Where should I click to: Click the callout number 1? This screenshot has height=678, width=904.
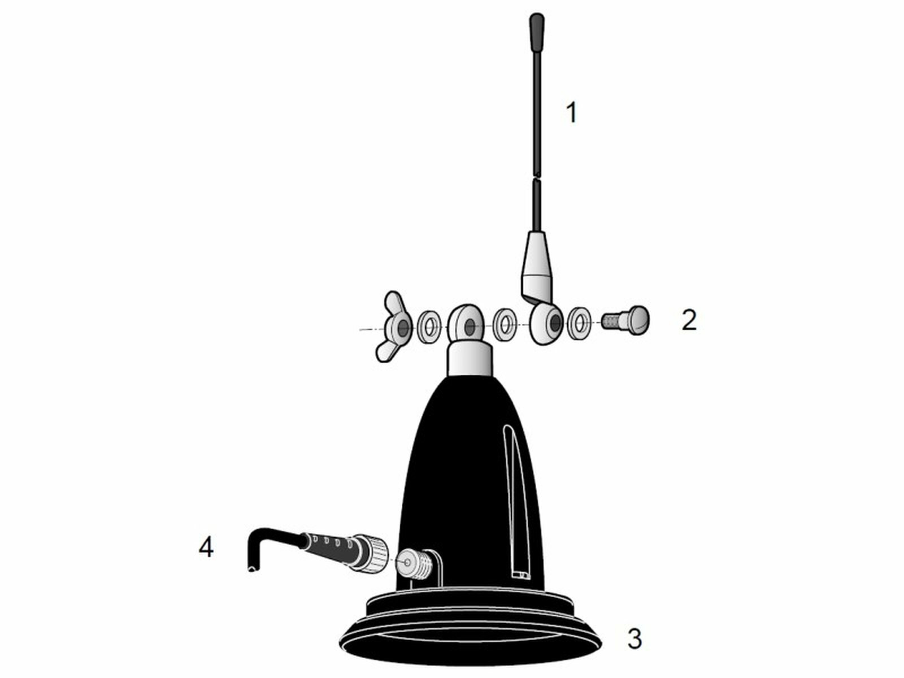tap(572, 112)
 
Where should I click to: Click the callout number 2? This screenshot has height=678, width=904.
tap(689, 321)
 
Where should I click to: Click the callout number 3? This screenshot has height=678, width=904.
tap(634, 639)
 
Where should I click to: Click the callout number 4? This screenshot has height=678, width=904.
tap(206, 547)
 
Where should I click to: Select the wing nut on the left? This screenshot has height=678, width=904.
tap(395, 326)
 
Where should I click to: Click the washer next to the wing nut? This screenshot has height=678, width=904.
tap(429, 326)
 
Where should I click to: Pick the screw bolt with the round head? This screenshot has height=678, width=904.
tap(627, 321)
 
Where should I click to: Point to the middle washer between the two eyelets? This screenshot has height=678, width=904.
tap(505, 324)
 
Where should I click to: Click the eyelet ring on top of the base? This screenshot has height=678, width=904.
tap(467, 323)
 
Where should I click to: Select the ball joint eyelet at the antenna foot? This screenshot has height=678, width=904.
tap(545, 324)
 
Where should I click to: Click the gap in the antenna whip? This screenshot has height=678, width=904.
tap(537, 176)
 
